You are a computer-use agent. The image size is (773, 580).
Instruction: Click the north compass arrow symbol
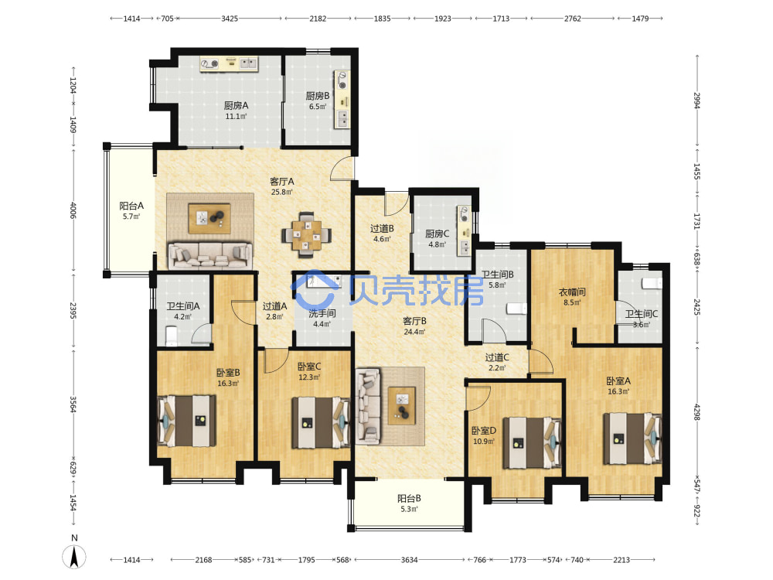[x=74, y=558]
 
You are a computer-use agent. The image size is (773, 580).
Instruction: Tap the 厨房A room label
[x=236, y=105]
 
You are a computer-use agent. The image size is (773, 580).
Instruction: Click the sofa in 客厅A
[x=210, y=255]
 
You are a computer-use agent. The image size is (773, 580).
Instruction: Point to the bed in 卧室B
[x=187, y=421]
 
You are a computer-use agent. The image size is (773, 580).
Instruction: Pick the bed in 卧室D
[x=532, y=442]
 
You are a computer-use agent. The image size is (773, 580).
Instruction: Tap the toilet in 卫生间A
[x=171, y=336]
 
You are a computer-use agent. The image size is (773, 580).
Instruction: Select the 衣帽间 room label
[x=572, y=292]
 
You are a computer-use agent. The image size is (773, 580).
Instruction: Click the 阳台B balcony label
[x=409, y=499]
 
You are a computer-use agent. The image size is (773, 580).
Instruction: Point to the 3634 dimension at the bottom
[x=409, y=560]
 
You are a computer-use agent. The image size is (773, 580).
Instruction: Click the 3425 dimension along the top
[x=230, y=19]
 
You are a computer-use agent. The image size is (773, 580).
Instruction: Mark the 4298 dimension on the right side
[x=696, y=412]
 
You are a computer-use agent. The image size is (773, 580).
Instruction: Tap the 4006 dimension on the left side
[x=73, y=210]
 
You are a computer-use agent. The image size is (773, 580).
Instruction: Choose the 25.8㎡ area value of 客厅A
[x=282, y=193]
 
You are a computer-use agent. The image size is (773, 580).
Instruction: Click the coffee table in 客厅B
[x=401, y=406]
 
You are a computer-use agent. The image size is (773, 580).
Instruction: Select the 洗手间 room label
[x=322, y=313]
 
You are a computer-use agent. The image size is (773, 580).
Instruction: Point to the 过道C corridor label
[x=497, y=357]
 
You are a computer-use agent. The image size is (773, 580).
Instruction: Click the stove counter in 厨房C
[x=464, y=230]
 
